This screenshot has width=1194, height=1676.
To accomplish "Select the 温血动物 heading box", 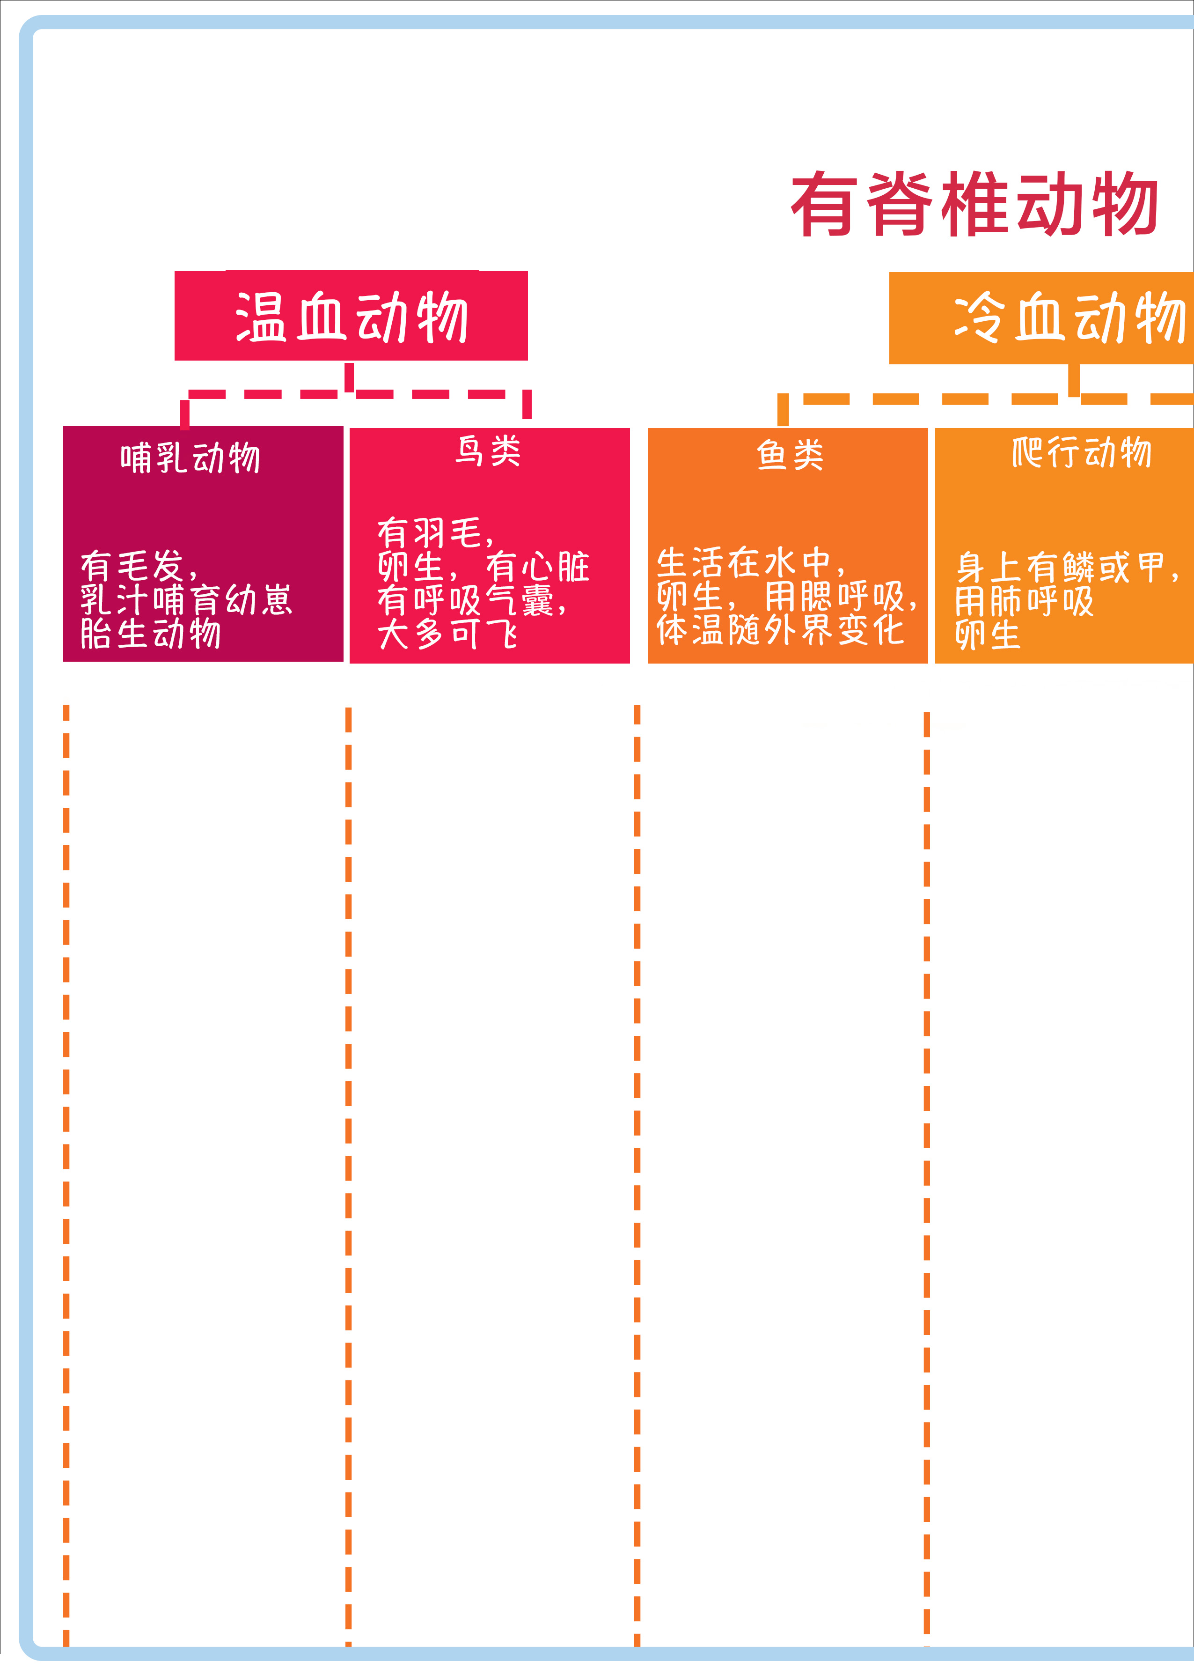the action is (x=351, y=316).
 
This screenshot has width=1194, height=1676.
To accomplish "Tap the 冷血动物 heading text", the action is (x=1070, y=317).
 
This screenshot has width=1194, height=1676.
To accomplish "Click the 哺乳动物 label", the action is (x=190, y=458).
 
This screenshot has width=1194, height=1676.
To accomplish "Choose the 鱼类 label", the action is (x=791, y=455).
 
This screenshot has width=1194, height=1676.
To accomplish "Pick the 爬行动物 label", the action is (x=1082, y=451).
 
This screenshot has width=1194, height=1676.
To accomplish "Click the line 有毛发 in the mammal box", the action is (x=139, y=566).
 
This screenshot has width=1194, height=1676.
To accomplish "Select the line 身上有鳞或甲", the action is (x=1067, y=567).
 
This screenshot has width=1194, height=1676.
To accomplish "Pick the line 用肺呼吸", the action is (x=1024, y=601).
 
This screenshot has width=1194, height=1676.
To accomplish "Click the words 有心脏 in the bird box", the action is (x=537, y=567).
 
